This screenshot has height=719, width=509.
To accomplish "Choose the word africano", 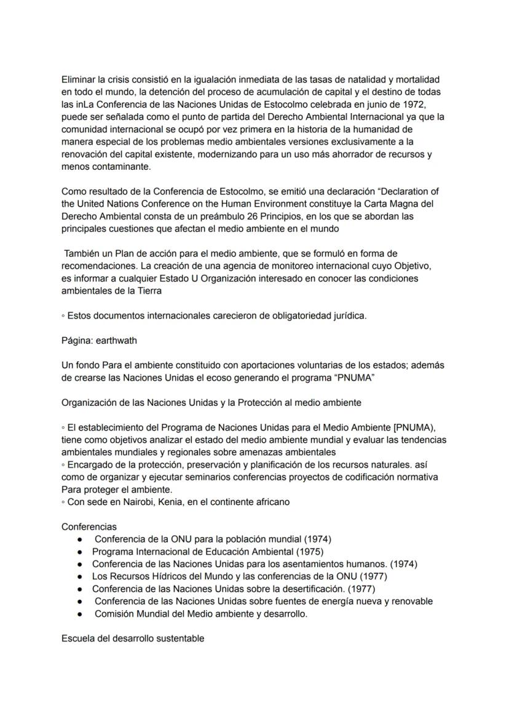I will tap(269, 501).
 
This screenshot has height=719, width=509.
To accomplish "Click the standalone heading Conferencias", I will tap(89, 526).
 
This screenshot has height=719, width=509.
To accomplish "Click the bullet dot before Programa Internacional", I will tap(80, 552).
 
